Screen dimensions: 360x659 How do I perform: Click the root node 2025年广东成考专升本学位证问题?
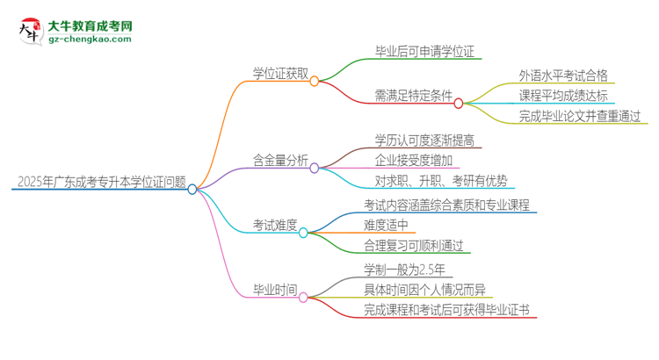pos(101,183)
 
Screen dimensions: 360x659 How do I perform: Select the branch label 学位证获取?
pos(279,74)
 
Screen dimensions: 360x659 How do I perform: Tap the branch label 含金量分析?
pos(279,160)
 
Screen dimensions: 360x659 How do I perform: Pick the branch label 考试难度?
pos(274,225)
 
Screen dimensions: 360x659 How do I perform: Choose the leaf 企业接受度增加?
pos(413,160)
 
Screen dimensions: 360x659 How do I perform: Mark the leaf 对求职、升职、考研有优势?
pos(440,181)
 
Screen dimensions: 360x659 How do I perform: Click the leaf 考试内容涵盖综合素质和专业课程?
pos(446,204)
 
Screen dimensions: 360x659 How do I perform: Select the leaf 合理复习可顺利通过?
pos(413,246)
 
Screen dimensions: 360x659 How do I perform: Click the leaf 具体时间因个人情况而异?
pos(424,289)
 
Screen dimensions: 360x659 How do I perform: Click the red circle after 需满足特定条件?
pos(459,103)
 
